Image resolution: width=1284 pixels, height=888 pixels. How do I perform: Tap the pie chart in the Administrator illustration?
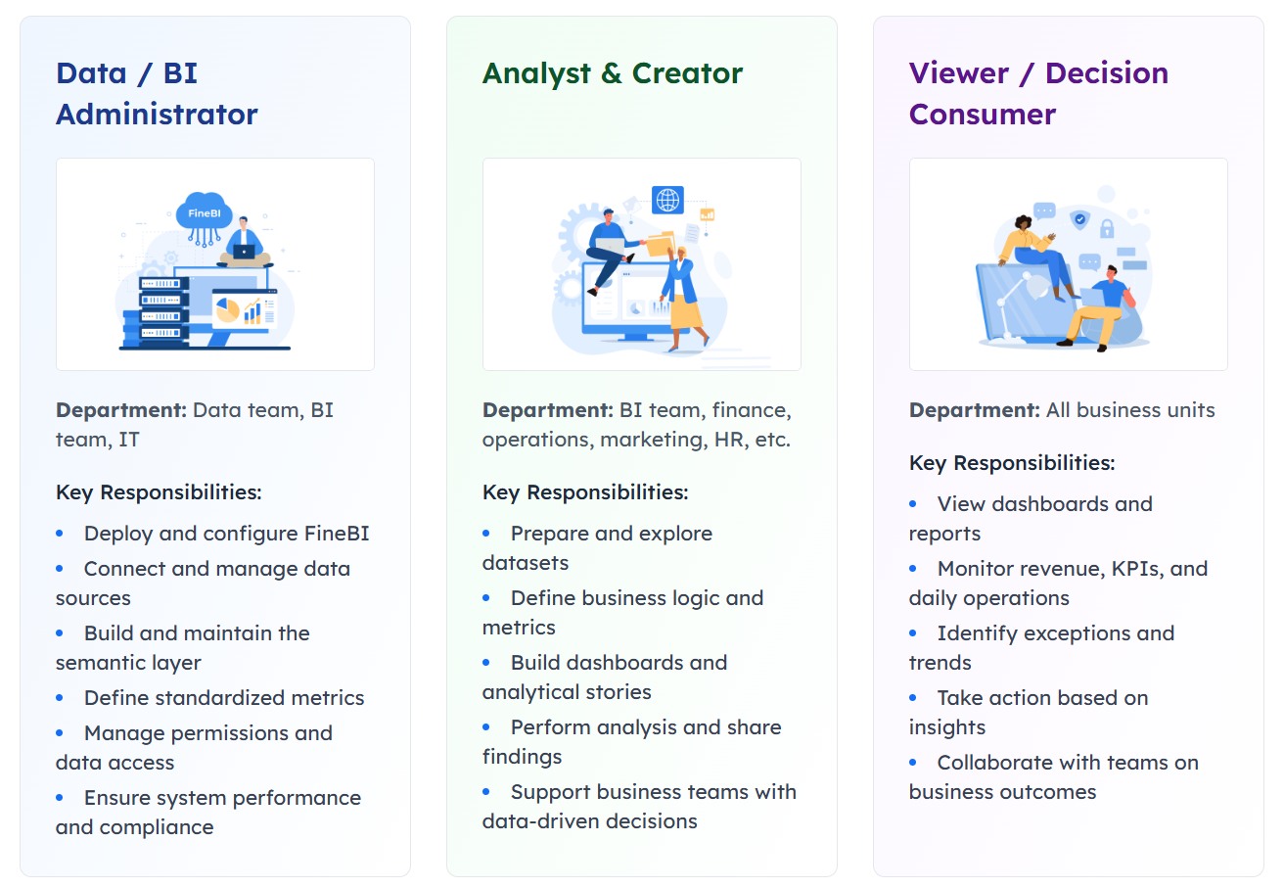pos(227,310)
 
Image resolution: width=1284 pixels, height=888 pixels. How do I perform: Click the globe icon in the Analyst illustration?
pos(667,201)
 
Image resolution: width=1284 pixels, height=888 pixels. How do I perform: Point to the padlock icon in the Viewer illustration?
pos(1107,228)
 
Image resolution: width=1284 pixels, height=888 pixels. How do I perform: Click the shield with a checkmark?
pos(1079,220)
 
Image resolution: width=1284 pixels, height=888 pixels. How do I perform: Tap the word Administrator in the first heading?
pos(157,115)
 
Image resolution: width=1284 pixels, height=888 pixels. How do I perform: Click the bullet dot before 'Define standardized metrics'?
pos(60,698)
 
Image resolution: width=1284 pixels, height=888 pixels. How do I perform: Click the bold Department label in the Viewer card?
pos(974,410)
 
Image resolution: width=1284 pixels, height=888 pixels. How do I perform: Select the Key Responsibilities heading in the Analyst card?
pos(584,492)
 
